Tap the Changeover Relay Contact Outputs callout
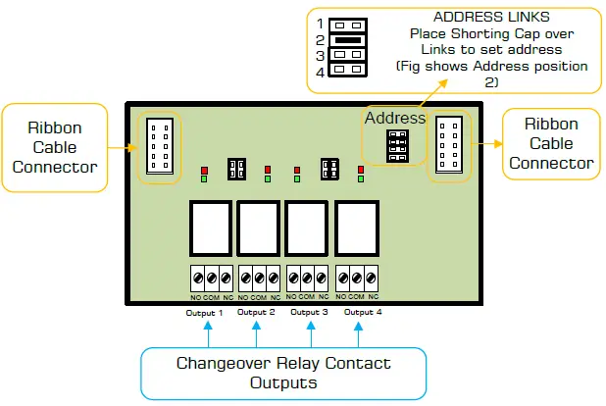tap(282, 373)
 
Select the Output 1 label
tap(205, 312)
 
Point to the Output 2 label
tap(256, 312)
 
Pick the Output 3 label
tap(309, 312)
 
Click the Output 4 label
tap(363, 312)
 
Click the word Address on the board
tap(395, 118)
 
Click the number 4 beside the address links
tap(321, 72)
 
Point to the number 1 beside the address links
tap(321, 22)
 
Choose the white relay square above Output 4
tap(358, 227)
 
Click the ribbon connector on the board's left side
tap(159, 145)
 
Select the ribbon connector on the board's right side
tap(450, 145)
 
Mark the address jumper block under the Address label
tap(396, 146)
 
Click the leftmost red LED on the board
tap(203, 168)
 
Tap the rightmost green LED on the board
tap(361, 179)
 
